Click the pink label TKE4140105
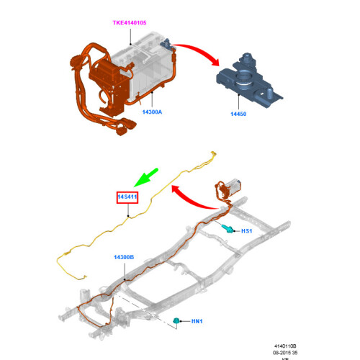(x=130, y=23)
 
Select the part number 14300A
(x=152, y=112)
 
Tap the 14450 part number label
(x=238, y=114)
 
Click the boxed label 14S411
(x=127, y=197)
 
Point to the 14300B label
(x=124, y=257)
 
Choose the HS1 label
(x=247, y=231)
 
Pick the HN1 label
(x=197, y=321)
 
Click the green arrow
(x=146, y=177)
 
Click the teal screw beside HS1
(x=227, y=228)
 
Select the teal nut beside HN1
(x=176, y=320)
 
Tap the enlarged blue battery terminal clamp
(x=248, y=81)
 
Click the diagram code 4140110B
(x=285, y=346)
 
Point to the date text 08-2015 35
(x=285, y=353)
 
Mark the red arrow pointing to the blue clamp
(x=199, y=51)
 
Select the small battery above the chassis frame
(x=233, y=186)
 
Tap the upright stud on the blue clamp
(x=269, y=94)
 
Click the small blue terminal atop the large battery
(x=167, y=44)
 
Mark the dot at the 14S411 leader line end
(x=128, y=216)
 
